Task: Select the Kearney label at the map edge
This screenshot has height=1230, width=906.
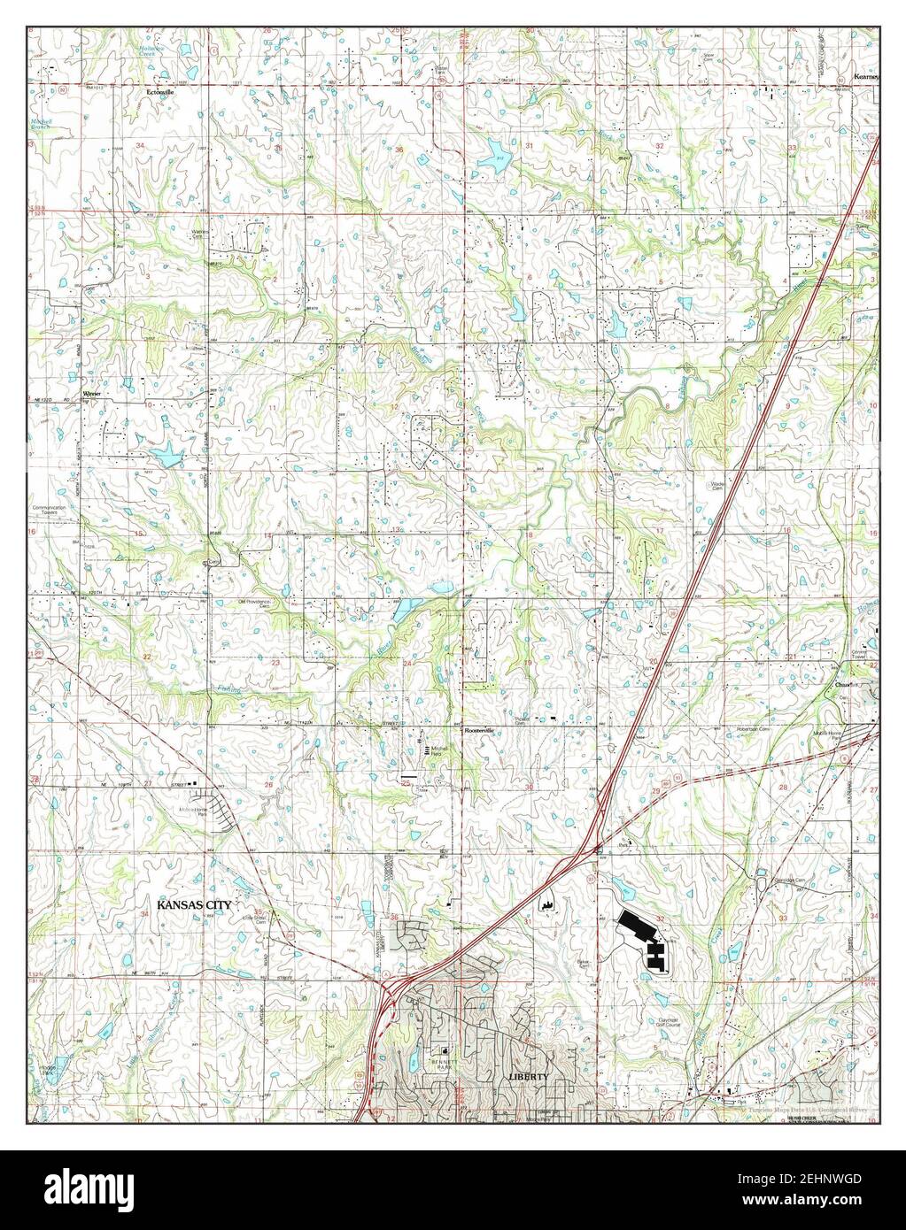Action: point(864,77)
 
